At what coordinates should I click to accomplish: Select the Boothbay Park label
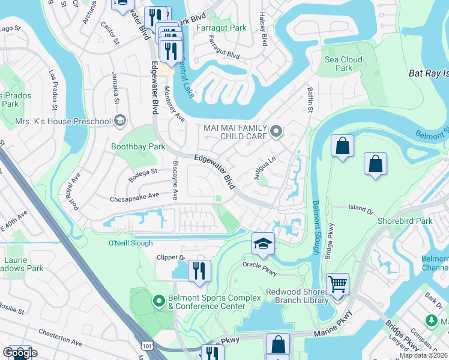coord(138,146)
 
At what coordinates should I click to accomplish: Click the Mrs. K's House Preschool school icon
coord(120,122)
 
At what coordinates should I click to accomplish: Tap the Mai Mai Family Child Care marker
coord(276,130)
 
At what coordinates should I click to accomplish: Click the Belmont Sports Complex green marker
coord(159,300)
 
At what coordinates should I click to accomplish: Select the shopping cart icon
coord(337,284)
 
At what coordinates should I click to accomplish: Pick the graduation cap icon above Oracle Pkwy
coord(262,243)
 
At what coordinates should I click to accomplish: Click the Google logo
coord(19,353)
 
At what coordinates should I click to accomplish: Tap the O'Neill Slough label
coord(130,243)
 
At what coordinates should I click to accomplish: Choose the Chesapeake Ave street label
coord(134,196)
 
